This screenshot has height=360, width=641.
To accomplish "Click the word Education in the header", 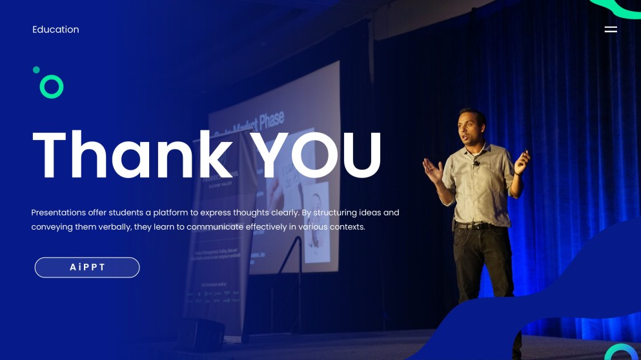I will point(56,30).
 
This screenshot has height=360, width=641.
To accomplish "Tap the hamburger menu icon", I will point(611,30).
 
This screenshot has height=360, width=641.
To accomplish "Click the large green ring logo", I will point(52,86).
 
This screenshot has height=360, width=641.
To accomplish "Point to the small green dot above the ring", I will point(36,70).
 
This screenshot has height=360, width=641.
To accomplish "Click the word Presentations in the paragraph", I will point(59,212).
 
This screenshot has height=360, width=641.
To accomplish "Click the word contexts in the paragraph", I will point(347,227).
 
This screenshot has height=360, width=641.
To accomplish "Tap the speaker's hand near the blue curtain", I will point(522,161).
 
